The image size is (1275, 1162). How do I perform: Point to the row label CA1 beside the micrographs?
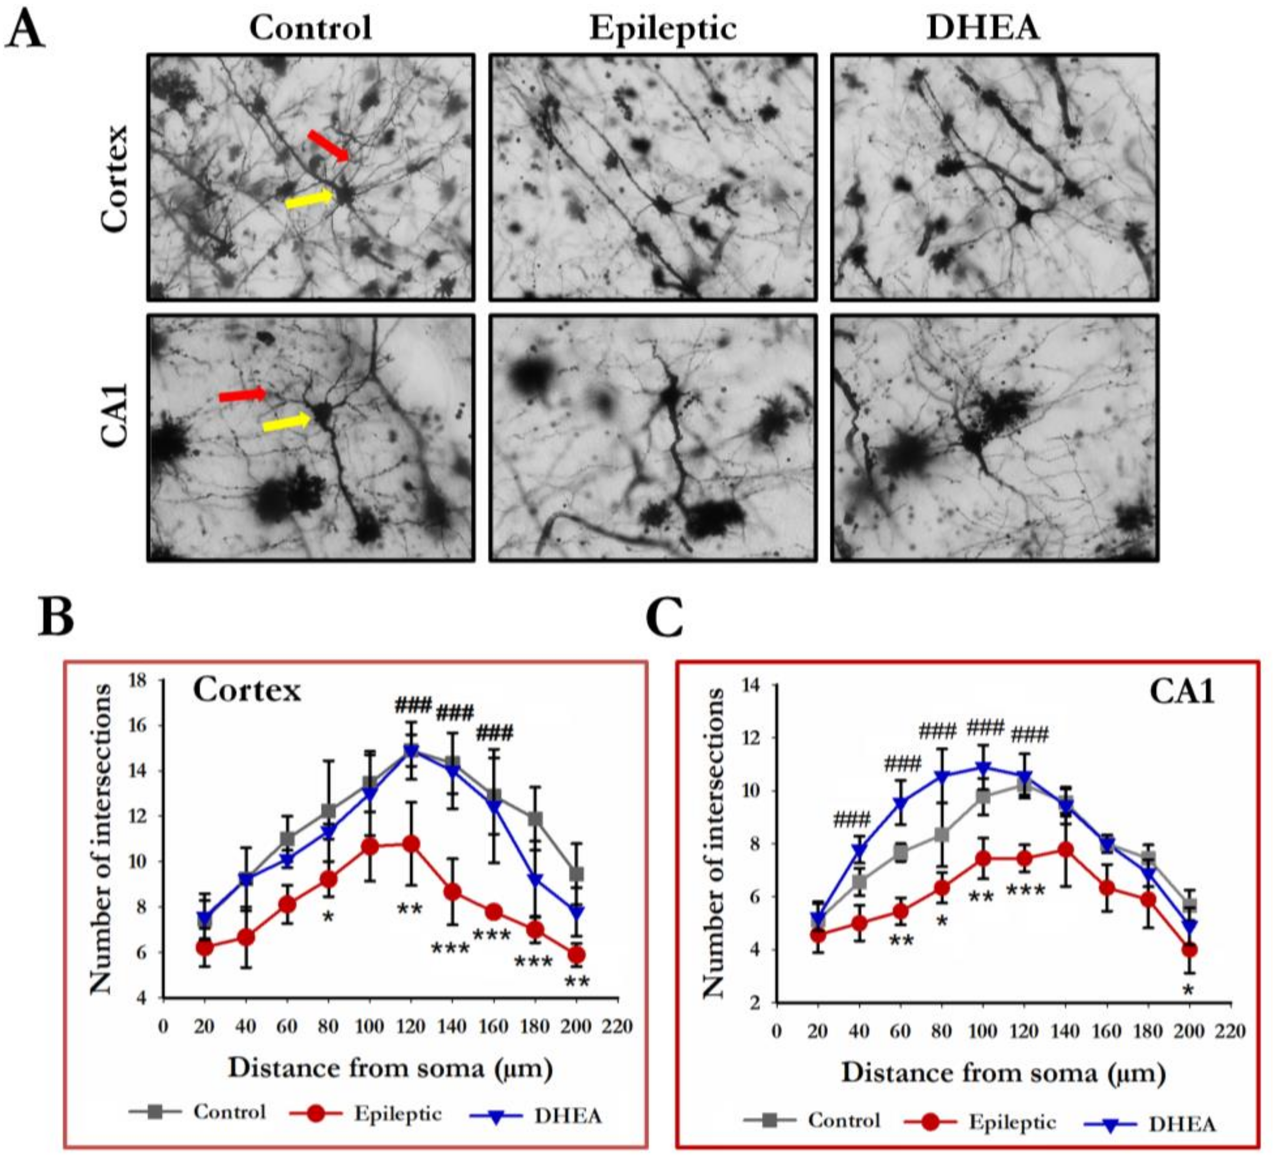(116, 416)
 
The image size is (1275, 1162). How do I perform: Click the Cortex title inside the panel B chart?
(247, 689)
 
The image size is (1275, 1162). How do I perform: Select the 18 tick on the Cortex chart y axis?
(137, 681)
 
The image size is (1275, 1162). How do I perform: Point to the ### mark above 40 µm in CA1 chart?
(852, 820)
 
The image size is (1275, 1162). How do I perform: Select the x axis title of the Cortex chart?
(390, 1069)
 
